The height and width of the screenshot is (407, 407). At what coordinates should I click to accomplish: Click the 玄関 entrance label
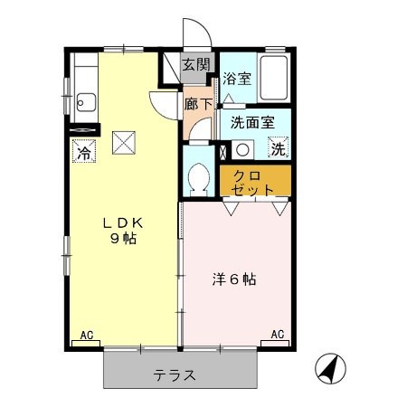pos(196,64)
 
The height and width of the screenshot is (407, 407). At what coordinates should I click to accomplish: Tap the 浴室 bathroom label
pos(237,79)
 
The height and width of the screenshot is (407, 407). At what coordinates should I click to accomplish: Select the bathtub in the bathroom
pos(274,78)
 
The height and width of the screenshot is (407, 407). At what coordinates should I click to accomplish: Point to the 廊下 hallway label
pos(198,104)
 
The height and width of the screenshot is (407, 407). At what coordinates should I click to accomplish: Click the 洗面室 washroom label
pos(252,123)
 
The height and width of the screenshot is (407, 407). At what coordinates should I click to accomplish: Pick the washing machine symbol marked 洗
pos(278,147)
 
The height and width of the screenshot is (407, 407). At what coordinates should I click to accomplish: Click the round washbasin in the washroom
pos(242,150)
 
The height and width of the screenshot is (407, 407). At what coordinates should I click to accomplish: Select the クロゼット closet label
pos(252,183)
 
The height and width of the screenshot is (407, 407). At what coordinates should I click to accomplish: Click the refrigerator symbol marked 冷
pos(84,151)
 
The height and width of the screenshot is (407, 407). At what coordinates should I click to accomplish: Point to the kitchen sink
pos(86,102)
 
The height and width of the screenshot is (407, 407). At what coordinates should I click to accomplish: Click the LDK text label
pos(123,223)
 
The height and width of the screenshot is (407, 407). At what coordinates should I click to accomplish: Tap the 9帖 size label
pos(123,239)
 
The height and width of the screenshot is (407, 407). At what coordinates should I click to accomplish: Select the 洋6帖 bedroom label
pos(234,279)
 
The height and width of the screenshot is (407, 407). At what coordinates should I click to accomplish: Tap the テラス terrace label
pos(175,375)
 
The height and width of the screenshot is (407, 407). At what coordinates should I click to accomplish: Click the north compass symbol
pos(330,368)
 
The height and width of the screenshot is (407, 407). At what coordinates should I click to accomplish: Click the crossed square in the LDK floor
pos(124,143)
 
